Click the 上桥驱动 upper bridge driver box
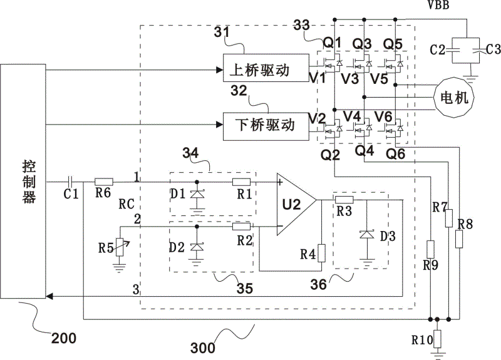point(266,68)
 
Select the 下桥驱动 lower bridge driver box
point(266,126)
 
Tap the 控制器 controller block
point(23,182)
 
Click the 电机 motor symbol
point(453,97)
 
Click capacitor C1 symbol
point(71,182)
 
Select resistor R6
point(104,182)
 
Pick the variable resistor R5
point(120,247)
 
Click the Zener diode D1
point(197,194)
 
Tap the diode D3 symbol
point(367,235)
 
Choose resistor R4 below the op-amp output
point(321,253)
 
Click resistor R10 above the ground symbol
point(437,339)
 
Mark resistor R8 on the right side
point(460,239)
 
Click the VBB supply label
point(438,5)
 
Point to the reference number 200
point(64,338)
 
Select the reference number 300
point(203,348)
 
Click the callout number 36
point(319,284)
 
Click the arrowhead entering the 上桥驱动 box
point(220,69)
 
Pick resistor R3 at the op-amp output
point(344,200)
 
